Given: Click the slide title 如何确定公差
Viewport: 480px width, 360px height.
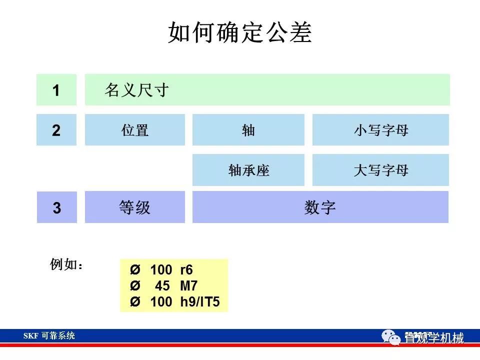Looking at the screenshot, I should click(240, 33).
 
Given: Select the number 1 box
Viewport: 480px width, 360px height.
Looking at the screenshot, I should click(56, 90).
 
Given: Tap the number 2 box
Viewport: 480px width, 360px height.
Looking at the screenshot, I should click(56, 130).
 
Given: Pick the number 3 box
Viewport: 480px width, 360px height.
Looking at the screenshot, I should click(56, 207).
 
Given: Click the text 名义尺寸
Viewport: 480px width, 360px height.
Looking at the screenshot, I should click(136, 90).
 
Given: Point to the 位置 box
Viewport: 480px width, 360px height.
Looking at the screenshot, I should click(135, 130).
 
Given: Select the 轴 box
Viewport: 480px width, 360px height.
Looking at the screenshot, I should click(248, 130).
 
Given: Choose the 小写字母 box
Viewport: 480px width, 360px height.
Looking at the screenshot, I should click(380, 130).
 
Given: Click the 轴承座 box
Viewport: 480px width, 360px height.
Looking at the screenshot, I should click(248, 170).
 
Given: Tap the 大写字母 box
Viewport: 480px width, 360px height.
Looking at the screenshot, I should click(380, 170).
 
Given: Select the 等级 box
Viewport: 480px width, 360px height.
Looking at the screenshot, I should click(135, 207).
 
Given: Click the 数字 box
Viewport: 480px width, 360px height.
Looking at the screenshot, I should click(320, 207).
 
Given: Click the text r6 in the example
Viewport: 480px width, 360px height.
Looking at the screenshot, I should click(186, 270).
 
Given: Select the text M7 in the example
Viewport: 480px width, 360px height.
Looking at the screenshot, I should click(188, 286).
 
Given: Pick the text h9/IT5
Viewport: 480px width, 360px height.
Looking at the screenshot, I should click(200, 302).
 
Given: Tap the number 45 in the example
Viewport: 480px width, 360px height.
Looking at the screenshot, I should click(162, 286).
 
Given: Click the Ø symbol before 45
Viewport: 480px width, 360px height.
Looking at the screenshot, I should click(135, 286).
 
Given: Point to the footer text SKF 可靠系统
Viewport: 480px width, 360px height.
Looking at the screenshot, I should click(49, 336).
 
